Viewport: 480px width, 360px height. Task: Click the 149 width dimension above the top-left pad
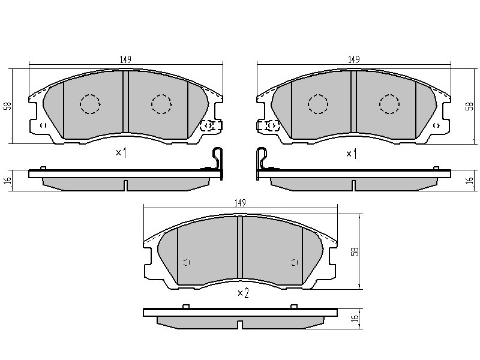click(x=125, y=59)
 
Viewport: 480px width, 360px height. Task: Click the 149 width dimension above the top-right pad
click(x=353, y=59)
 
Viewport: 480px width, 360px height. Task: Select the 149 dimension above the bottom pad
click(x=240, y=203)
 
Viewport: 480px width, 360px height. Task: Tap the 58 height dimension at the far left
click(x=8, y=106)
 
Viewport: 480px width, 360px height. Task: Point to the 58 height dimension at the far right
click(x=469, y=106)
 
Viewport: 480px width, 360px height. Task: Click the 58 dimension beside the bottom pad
click(x=355, y=251)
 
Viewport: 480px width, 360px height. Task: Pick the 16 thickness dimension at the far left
click(x=8, y=180)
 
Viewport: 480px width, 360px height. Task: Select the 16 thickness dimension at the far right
click(x=469, y=180)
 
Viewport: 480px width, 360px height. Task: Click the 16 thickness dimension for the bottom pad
click(x=355, y=318)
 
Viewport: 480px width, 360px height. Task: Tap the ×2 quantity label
click(x=244, y=293)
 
